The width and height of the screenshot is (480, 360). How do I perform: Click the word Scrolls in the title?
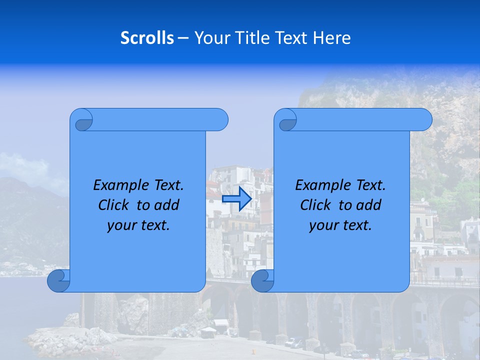147,38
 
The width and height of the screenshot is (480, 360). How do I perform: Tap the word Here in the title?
332,38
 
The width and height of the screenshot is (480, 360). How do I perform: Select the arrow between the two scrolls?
236,199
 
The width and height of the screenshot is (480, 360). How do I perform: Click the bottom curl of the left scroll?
58,280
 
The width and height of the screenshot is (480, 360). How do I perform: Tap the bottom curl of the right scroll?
262,280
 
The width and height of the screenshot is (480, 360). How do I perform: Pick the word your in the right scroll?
322,225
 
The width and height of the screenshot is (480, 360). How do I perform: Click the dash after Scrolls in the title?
183,38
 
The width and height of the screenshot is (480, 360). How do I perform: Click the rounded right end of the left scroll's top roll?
220,119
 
